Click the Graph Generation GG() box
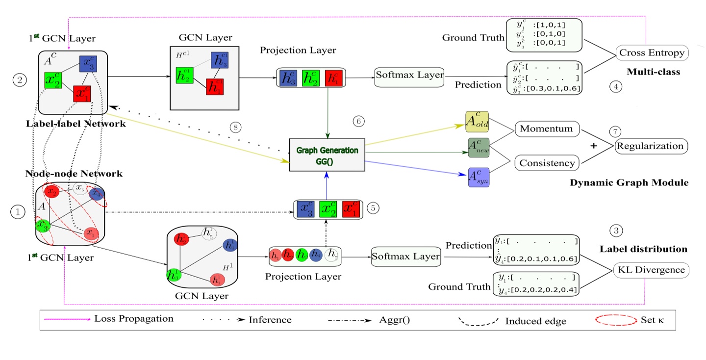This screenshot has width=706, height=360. [327, 154]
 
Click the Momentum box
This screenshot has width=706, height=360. [547, 129]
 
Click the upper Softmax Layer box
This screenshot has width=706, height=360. [409, 77]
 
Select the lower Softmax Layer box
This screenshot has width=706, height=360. [404, 257]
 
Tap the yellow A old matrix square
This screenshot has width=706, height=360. [478, 122]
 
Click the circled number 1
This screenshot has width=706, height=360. [18, 212]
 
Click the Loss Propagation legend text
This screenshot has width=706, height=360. [134, 319]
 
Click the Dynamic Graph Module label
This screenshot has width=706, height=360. [630, 183]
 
